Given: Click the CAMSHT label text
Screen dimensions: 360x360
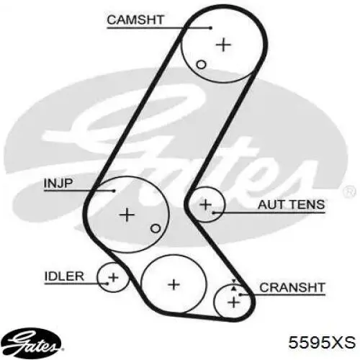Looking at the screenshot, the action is click(135, 19).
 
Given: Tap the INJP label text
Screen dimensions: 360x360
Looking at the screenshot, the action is click(58, 184).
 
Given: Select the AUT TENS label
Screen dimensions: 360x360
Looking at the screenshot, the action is click(291, 205).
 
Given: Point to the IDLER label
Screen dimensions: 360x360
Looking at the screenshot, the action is click(64, 276).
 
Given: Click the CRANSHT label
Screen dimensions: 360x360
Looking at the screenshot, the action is click(292, 287).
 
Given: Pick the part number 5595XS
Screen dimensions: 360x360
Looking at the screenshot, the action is click(322, 342).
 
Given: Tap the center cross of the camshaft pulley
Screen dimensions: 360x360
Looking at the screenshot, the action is click(223, 45).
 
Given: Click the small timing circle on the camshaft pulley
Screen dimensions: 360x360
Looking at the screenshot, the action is click(201, 64).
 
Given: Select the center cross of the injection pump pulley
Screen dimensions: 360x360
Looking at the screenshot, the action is click(127, 215).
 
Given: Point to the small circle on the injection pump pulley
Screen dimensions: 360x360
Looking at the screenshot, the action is click(156, 228).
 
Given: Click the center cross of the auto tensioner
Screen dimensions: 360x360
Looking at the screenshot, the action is click(205, 204).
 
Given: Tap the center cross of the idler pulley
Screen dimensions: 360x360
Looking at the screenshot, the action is click(113, 278).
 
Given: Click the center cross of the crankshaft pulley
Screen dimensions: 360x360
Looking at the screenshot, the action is click(233, 302).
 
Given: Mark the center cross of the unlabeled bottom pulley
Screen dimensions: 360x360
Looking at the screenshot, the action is click(174, 284).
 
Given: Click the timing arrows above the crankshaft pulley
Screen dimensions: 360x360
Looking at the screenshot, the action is click(233, 285).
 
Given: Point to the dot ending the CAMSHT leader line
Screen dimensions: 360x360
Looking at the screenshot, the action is click(211, 28).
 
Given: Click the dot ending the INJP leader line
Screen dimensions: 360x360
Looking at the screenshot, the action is click(114, 191).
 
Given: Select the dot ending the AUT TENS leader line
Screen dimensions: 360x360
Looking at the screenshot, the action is click(213, 212).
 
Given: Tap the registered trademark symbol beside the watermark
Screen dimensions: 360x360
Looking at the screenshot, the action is click(349, 192).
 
